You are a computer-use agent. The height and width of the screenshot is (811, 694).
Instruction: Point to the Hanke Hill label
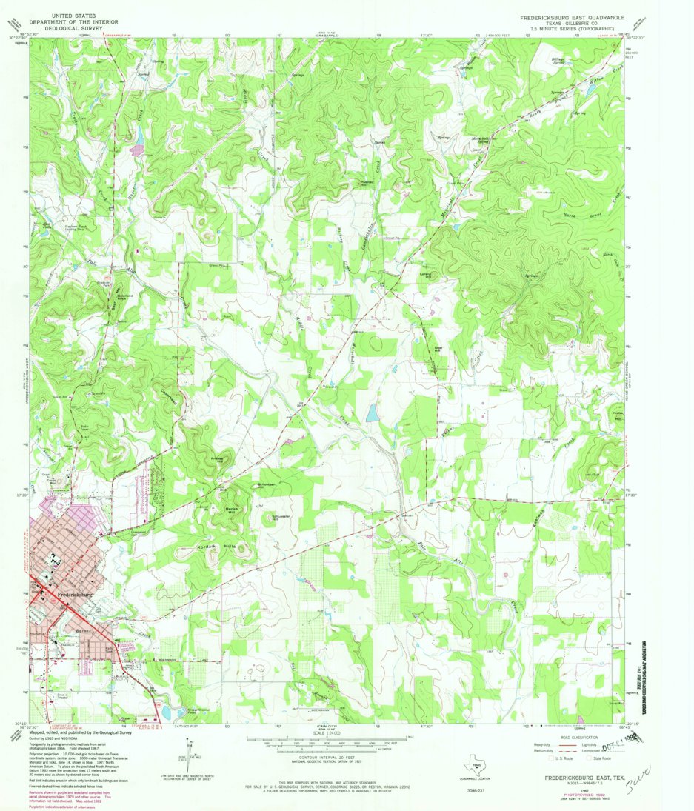(231, 509)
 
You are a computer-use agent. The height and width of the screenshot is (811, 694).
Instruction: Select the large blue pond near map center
(372, 413)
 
